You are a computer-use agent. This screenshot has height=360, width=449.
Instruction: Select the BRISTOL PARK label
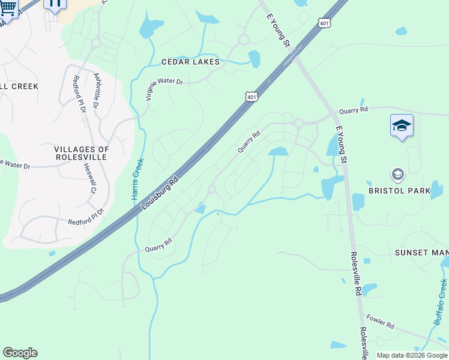[399, 191]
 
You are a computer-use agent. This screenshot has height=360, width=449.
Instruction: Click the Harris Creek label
[138, 179]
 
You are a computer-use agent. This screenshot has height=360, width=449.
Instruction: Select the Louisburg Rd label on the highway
[160, 192]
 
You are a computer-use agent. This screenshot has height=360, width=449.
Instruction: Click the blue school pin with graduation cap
[402, 126]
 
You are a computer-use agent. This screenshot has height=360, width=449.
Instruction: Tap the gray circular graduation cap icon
[397, 175]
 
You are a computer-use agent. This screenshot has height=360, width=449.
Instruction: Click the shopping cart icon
[8, 7]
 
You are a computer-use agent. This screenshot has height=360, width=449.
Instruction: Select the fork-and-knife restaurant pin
[54, 4]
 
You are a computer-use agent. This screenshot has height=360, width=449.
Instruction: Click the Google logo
[20, 353]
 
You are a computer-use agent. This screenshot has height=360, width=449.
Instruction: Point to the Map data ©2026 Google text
[412, 355]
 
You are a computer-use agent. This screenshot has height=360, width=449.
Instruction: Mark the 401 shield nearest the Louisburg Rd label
[252, 96]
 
